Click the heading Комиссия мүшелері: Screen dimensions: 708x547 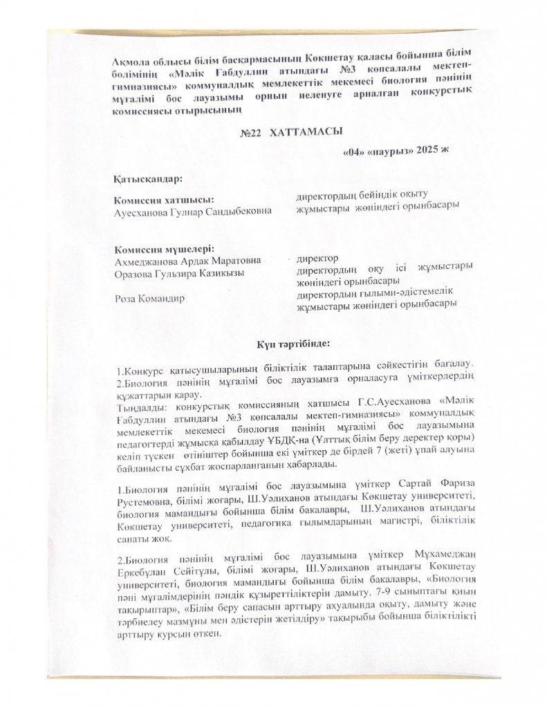pos(163,250)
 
